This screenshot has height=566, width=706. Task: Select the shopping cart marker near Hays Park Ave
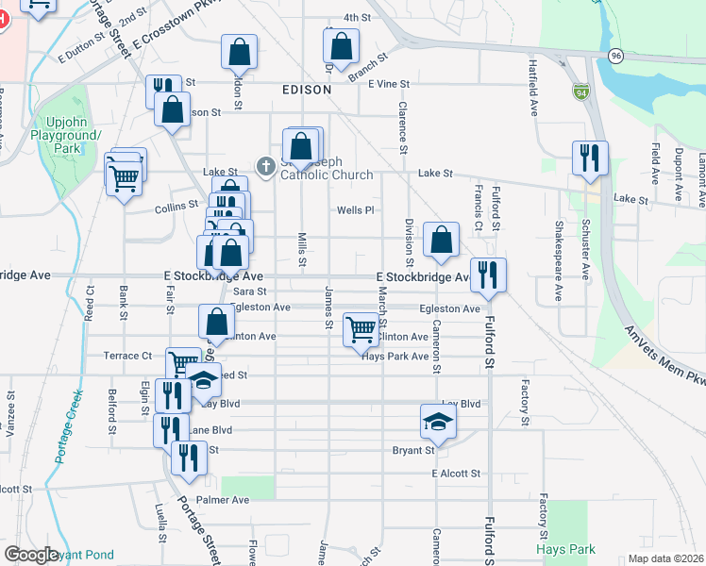tap(361, 330)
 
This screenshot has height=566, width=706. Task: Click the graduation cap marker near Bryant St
tap(437, 421)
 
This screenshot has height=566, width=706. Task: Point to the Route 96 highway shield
tap(615, 56)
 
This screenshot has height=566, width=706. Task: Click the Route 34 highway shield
tap(580, 92)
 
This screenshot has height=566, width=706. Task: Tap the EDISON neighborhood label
tap(307, 90)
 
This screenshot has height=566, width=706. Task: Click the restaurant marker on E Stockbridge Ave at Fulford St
tap(488, 275)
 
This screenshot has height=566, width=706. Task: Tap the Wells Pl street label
tap(356, 210)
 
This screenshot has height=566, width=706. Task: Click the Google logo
tap(32, 555)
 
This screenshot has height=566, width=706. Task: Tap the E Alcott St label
tap(456, 474)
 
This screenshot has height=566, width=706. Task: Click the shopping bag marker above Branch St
tap(342, 44)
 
